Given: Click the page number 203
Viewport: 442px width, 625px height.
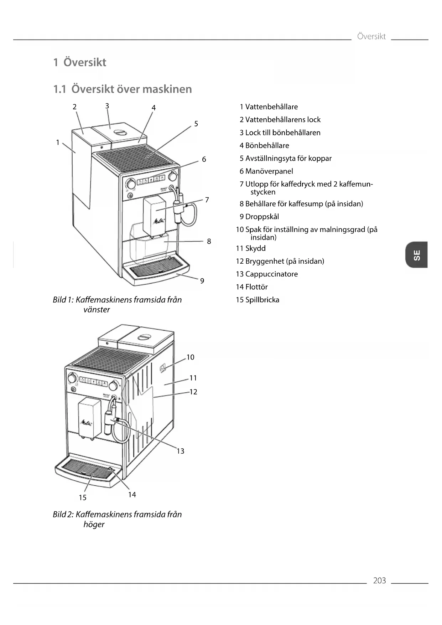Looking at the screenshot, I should click(379, 580).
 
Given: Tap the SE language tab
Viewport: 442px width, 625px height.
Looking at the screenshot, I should click(416, 255).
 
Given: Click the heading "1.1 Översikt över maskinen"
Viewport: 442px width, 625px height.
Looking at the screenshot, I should click(123, 89).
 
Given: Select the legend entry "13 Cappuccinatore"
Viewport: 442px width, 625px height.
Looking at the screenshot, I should click(267, 274).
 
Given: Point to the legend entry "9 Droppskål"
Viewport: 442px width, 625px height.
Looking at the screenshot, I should click(259, 217).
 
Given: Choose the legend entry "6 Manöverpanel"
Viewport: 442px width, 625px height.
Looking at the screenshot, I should click(266, 171).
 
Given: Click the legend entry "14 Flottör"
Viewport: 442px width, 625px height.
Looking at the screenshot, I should click(252, 287).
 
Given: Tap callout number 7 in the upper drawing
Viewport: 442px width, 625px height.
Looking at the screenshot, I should click(207, 200).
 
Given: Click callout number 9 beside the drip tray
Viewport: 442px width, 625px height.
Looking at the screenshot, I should click(202, 281).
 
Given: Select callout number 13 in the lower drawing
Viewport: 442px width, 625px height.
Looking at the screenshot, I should click(181, 451).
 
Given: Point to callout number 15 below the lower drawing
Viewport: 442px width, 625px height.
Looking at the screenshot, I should click(83, 497).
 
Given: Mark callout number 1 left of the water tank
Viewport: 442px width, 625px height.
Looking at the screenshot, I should click(58, 143).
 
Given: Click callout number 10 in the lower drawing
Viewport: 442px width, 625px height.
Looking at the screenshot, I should click(191, 357).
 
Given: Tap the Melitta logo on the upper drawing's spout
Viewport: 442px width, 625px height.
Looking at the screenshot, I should click(159, 221).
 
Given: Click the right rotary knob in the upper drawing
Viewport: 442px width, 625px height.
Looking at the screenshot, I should click(173, 176).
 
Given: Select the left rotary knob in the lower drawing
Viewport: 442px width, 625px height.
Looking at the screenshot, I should click(72, 378).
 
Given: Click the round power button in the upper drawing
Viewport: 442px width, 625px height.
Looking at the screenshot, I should click(130, 196).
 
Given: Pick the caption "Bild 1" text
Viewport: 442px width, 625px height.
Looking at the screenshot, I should click(63, 300).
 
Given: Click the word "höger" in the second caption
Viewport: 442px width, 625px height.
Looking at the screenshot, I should click(94, 524).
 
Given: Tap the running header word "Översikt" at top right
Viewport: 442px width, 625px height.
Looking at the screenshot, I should click(371, 36).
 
